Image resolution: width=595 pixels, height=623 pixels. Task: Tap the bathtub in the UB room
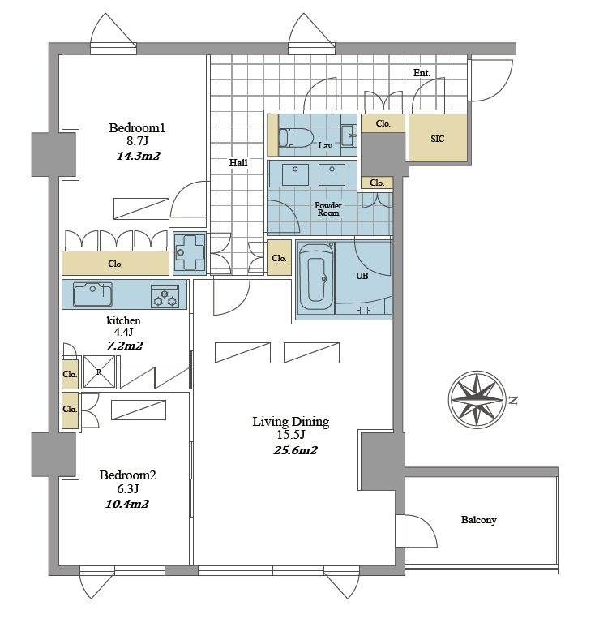(316, 277)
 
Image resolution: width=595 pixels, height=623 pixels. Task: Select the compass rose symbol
(477, 400)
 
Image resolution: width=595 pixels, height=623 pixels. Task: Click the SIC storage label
(438, 139)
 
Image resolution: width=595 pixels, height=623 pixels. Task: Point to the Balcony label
(479, 520)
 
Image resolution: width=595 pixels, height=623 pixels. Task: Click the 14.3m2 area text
(138, 156)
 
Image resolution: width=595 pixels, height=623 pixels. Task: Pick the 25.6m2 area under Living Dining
(295, 450)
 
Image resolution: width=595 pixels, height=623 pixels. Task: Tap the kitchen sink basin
(92, 294)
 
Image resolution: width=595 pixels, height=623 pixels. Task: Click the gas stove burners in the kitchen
(165, 296)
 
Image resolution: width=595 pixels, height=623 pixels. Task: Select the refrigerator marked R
(99, 372)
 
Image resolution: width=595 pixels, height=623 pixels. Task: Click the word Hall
(238, 162)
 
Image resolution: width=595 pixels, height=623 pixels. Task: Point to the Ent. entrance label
(422, 73)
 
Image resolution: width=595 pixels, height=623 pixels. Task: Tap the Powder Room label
(327, 209)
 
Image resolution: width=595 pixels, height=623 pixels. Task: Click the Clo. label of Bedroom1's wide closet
(115, 264)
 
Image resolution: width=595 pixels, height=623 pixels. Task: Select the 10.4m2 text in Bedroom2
(126, 504)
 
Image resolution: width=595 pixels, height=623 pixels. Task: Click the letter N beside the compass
(513, 401)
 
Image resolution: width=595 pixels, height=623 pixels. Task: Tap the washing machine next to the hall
(190, 253)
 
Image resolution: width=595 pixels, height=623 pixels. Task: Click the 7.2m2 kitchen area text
(125, 346)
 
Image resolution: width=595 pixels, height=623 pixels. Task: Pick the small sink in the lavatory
(349, 135)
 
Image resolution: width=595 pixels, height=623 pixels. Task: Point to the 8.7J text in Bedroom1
(137, 141)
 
